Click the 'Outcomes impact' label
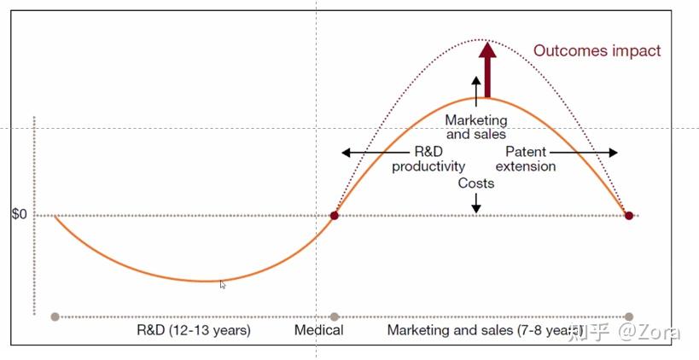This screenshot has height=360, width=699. (597, 50)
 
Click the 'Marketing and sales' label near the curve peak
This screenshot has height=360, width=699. (475, 127)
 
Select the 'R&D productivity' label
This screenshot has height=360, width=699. (428, 160)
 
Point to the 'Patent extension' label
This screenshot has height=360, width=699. (525, 160)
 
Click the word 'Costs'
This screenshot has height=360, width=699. (475, 183)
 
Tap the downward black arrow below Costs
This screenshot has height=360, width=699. (475, 203)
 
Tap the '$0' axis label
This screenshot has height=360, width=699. (19, 215)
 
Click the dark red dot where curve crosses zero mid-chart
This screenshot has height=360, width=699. (335, 216)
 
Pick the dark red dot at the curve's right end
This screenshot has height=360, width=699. (629, 216)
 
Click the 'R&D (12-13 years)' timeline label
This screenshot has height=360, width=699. (194, 330)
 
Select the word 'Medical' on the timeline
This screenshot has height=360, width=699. (319, 330)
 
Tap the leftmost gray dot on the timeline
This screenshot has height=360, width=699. (55, 316)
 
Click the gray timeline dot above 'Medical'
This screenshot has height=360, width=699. (335, 316)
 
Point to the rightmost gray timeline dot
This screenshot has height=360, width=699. (630, 316)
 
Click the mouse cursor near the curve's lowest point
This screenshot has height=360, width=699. (223, 285)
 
